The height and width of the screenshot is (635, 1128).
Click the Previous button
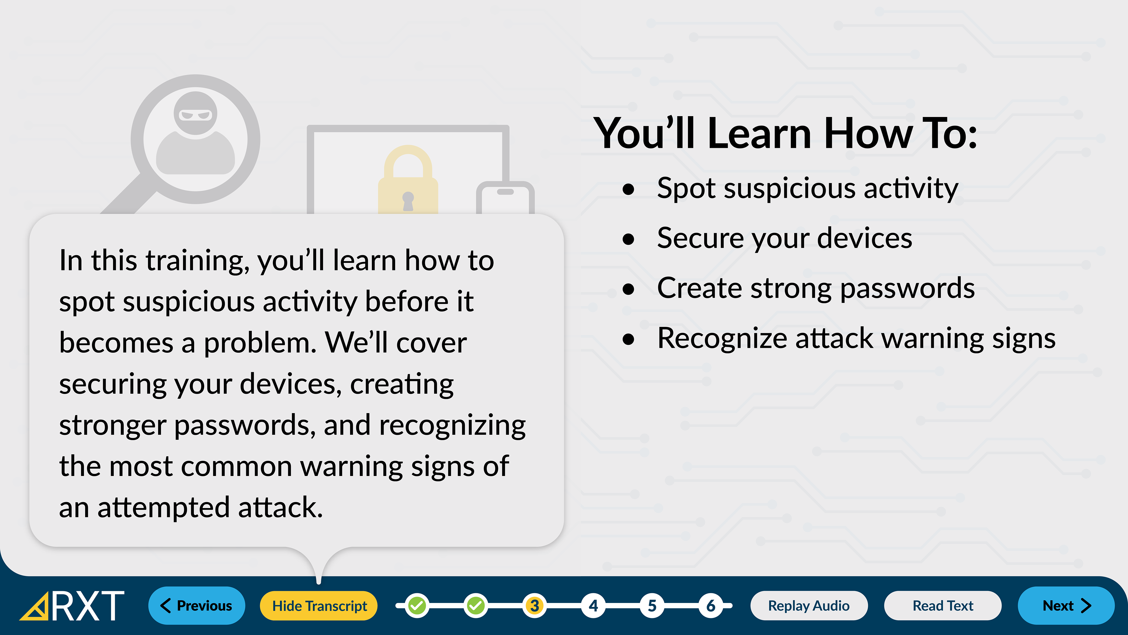click(197, 606)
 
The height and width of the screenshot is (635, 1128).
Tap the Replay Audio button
click(809, 606)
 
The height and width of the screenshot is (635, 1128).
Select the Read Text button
click(943, 606)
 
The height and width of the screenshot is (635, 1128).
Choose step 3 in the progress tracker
click(534, 606)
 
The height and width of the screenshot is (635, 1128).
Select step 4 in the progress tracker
click(593, 606)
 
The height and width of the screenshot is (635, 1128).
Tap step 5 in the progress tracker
click(652, 606)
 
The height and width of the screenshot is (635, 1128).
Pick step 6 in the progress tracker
click(711, 606)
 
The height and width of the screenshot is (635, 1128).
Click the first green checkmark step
click(417, 606)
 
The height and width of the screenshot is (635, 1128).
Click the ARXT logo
click(72, 606)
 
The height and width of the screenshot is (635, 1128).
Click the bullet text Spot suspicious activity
click(808, 188)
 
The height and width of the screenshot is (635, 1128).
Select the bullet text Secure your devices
click(785, 238)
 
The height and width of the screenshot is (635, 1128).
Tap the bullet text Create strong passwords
click(816, 288)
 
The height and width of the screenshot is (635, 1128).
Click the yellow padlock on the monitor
click(408, 180)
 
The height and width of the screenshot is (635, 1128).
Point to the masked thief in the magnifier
click(196, 133)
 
